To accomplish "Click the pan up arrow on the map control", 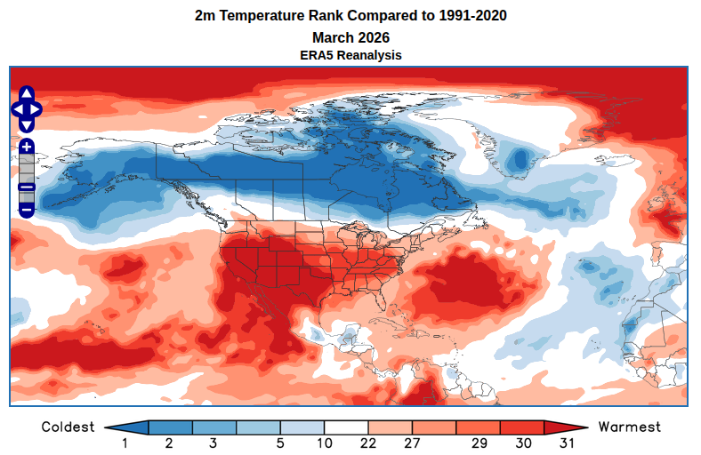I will (x=26, y=93).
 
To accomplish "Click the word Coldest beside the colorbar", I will (x=68, y=427).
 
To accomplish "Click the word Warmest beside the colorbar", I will (x=630, y=427).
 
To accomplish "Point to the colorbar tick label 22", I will (x=367, y=443).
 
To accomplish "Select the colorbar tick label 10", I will (x=324, y=443).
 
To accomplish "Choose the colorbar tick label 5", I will (x=279, y=443).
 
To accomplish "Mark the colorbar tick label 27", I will (x=412, y=443).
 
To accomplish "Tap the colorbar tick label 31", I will (x=567, y=443).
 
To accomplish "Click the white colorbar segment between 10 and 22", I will (x=346, y=427).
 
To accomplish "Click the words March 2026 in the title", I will (x=350, y=37).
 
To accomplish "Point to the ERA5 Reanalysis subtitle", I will (x=350, y=55).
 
